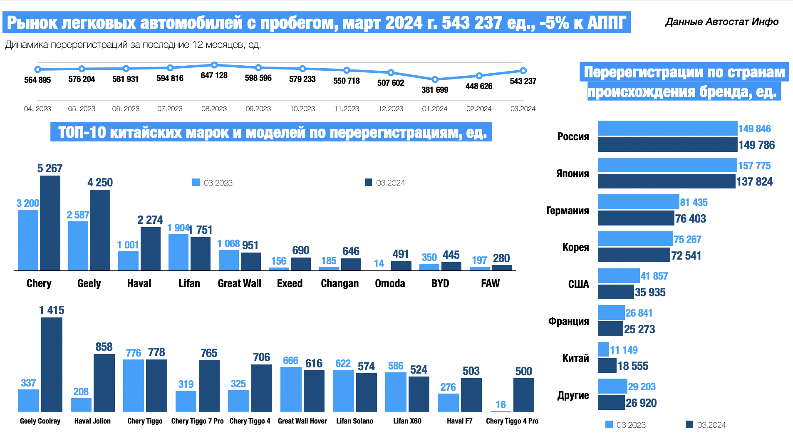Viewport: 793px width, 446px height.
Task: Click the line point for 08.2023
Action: [214, 65]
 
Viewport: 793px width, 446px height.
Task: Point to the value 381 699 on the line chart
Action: [435, 90]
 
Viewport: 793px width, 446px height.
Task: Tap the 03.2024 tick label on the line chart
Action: [523, 109]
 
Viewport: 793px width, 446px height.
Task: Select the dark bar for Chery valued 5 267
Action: [50, 223]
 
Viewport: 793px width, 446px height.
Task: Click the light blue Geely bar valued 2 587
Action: [78, 246]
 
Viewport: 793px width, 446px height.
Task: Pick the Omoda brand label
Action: [390, 283]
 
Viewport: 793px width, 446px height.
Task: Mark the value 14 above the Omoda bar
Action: [379, 263]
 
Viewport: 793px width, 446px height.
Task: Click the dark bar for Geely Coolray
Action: [52, 364]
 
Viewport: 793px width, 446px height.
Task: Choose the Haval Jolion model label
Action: [92, 421]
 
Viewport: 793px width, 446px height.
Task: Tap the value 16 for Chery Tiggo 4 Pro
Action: [501, 404]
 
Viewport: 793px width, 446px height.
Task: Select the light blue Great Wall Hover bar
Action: [291, 389]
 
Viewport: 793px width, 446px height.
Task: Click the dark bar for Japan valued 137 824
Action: [667, 181]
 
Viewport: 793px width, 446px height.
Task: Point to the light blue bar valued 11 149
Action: [604, 349]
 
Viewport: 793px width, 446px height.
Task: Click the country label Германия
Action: [567, 211]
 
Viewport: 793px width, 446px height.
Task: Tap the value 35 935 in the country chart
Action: [650, 292]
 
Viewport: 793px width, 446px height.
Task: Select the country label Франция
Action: [568, 321]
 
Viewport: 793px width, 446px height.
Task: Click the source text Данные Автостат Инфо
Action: [722, 22]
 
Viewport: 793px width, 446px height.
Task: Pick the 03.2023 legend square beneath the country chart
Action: [609, 424]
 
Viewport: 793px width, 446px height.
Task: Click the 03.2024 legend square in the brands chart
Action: [368, 182]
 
